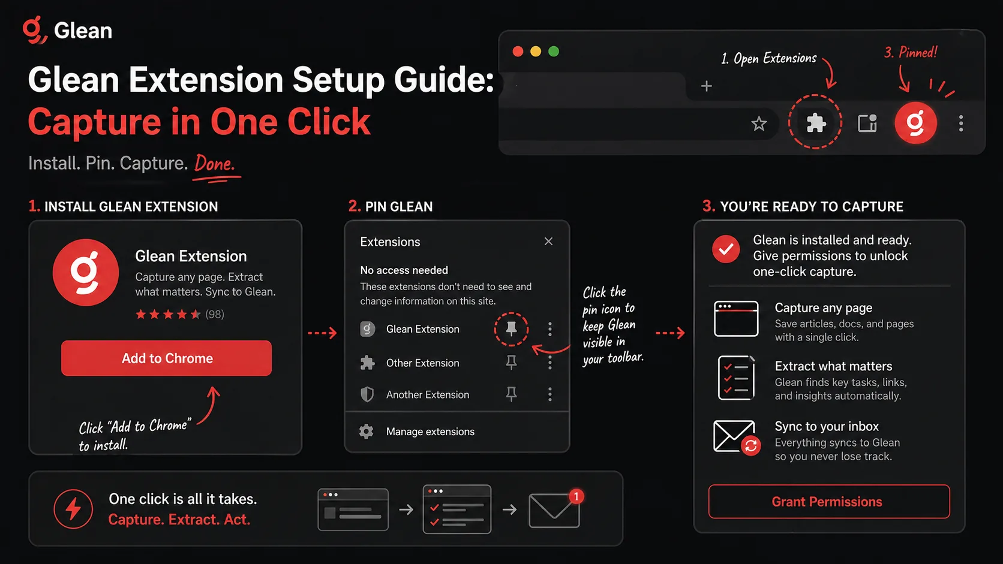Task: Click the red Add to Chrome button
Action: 167,358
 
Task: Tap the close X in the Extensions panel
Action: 548,242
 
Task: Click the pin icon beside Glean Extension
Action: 511,328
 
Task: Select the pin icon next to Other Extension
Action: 511,362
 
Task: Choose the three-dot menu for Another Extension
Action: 550,394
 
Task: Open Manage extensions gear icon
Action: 367,431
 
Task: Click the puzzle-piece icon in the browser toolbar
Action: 816,123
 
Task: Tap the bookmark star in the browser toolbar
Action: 759,123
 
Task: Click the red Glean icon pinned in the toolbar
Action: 915,122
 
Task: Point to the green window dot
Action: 554,52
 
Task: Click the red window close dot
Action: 518,52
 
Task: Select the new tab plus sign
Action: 707,86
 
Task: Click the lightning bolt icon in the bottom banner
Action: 73,509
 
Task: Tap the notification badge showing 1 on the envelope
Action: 576,496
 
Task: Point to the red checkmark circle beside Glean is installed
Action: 726,249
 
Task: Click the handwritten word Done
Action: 215,164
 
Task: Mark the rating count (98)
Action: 215,315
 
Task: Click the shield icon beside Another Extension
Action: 367,394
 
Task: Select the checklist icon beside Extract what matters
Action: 736,378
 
